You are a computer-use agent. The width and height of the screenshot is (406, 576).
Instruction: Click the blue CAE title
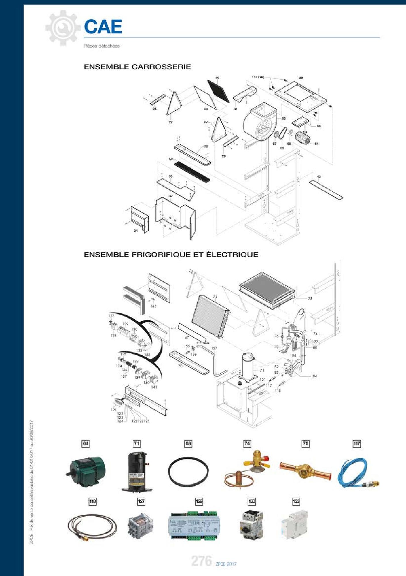103,27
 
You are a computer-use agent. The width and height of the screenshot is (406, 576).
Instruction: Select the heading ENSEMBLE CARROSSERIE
137,67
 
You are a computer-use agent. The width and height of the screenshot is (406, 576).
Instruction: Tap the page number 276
202,561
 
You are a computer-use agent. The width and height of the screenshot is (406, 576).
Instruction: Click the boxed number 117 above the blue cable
356,444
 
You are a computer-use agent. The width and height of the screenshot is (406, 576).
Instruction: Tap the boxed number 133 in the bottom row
296,501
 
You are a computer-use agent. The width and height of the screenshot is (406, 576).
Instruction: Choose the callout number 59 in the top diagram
217,78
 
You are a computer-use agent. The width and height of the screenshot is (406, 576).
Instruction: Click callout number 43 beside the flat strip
319,176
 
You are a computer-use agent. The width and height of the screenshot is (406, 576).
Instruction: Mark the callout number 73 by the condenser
310,298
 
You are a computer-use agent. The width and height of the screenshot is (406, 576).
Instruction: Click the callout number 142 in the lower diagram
153,306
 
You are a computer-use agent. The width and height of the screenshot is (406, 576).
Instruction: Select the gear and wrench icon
63,28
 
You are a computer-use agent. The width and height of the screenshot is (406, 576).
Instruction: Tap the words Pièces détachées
102,46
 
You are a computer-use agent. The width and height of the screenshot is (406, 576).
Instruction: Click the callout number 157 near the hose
214,348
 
